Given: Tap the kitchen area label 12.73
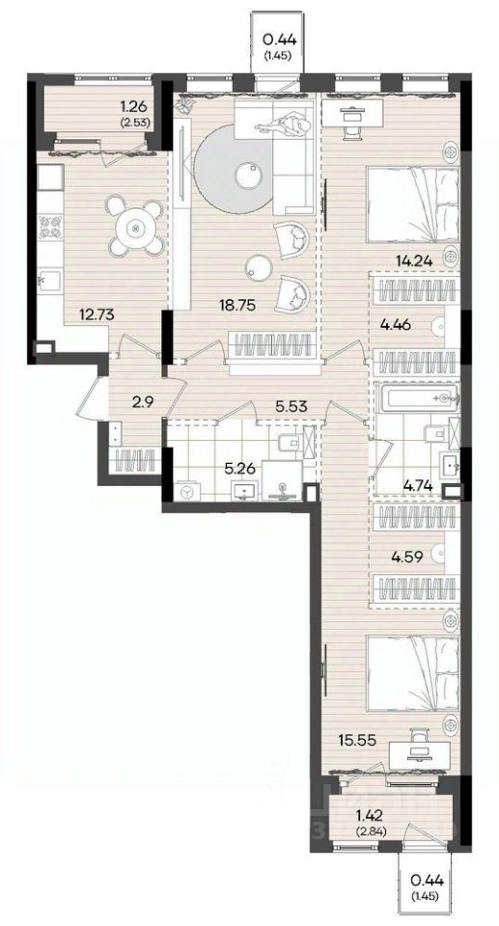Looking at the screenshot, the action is [x=97, y=314].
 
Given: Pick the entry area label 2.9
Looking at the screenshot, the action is [x=141, y=403].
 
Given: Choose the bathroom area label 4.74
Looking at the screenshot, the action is [x=417, y=487].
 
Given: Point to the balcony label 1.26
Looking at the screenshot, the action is [x=133, y=107].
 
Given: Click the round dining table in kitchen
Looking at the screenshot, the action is [x=136, y=228].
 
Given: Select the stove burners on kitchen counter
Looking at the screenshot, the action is [x=49, y=228].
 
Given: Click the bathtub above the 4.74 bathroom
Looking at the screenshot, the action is [x=418, y=398].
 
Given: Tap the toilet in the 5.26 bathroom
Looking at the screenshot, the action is [x=288, y=443].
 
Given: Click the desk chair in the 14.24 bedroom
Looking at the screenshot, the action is [x=352, y=130].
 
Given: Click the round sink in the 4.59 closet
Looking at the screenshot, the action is [x=440, y=553].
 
